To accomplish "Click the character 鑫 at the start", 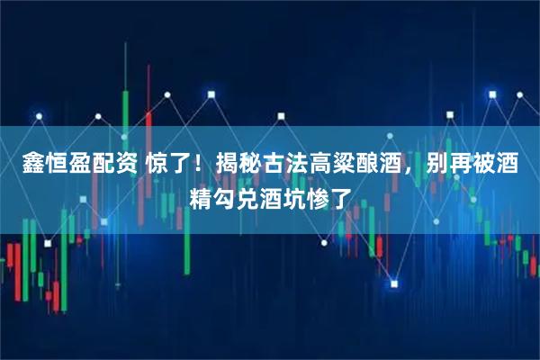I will point(22,165).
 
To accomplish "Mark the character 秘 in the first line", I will point(265,165).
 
